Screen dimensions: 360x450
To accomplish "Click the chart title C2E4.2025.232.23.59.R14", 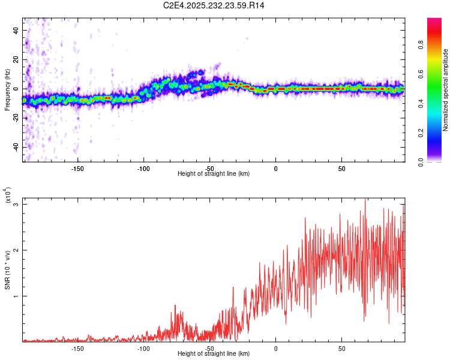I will pos(214,5).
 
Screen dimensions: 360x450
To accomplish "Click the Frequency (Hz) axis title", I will pos(7,89).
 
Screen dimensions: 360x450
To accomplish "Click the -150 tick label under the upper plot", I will pos(77,169).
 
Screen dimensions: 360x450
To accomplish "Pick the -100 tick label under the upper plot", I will pos(143,169).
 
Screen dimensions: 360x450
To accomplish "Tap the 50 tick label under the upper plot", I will pos(341,169).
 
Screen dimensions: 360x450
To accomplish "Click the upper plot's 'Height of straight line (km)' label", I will pos(214,174).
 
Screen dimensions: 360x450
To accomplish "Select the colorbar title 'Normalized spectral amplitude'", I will pos(446,90).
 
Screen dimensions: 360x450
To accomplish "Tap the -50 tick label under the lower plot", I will pos(209,349).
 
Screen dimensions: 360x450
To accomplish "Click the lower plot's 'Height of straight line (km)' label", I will pos(214,354).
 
